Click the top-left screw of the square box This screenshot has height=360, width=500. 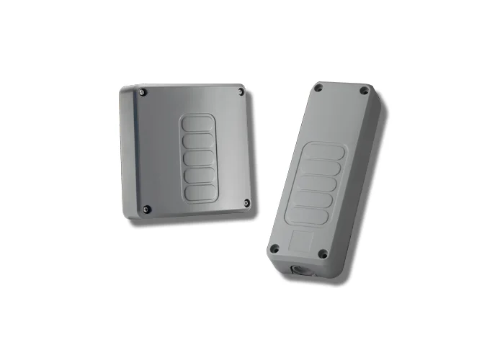[x=143, y=92]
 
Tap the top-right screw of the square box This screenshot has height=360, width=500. [x=241, y=92]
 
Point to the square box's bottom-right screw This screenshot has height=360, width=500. [x=246, y=202]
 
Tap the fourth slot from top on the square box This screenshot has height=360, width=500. [x=199, y=175]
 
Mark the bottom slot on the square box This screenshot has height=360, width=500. [x=200, y=192]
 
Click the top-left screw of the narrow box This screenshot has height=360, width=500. [x=318, y=89]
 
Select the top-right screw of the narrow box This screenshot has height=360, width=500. [x=365, y=91]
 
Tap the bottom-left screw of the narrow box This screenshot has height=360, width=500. [x=274, y=248]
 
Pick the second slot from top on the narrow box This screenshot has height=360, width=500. [x=322, y=168]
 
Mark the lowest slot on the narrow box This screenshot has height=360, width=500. [x=310, y=215]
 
